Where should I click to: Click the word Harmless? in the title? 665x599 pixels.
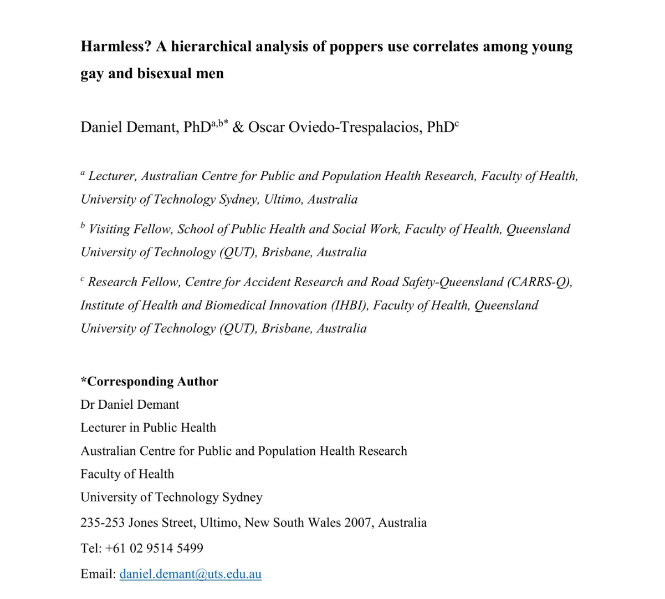click(x=116, y=46)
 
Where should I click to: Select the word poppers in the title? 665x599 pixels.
click(x=356, y=46)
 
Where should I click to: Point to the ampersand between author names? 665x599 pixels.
click(x=238, y=127)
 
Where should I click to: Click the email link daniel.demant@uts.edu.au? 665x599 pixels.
click(x=190, y=573)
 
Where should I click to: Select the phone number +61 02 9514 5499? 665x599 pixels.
click(x=154, y=548)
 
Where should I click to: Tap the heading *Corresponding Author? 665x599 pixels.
click(x=150, y=381)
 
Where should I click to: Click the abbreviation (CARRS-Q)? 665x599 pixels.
click(x=540, y=282)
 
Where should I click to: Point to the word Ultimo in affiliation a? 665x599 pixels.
click(x=283, y=199)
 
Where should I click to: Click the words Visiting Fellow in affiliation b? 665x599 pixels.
click(x=130, y=229)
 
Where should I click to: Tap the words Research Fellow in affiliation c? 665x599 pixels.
click(x=134, y=282)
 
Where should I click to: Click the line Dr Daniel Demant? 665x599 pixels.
click(x=130, y=404)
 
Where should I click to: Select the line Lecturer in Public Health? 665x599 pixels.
click(x=148, y=428)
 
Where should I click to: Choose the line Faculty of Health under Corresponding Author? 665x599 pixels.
click(x=127, y=474)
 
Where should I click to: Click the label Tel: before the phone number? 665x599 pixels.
click(x=91, y=548)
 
